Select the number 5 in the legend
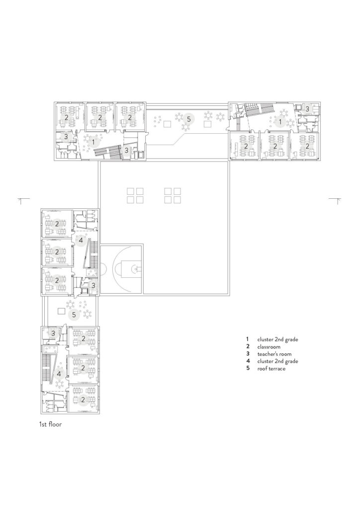(247, 369)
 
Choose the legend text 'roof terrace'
(271, 369)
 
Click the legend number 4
(247, 361)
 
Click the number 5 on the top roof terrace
(187, 119)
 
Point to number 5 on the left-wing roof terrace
(74, 315)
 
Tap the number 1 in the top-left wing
(92, 141)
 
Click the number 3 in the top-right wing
(307, 109)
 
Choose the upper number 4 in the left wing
(81, 240)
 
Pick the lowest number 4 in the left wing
(59, 373)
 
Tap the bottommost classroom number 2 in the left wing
(83, 399)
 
